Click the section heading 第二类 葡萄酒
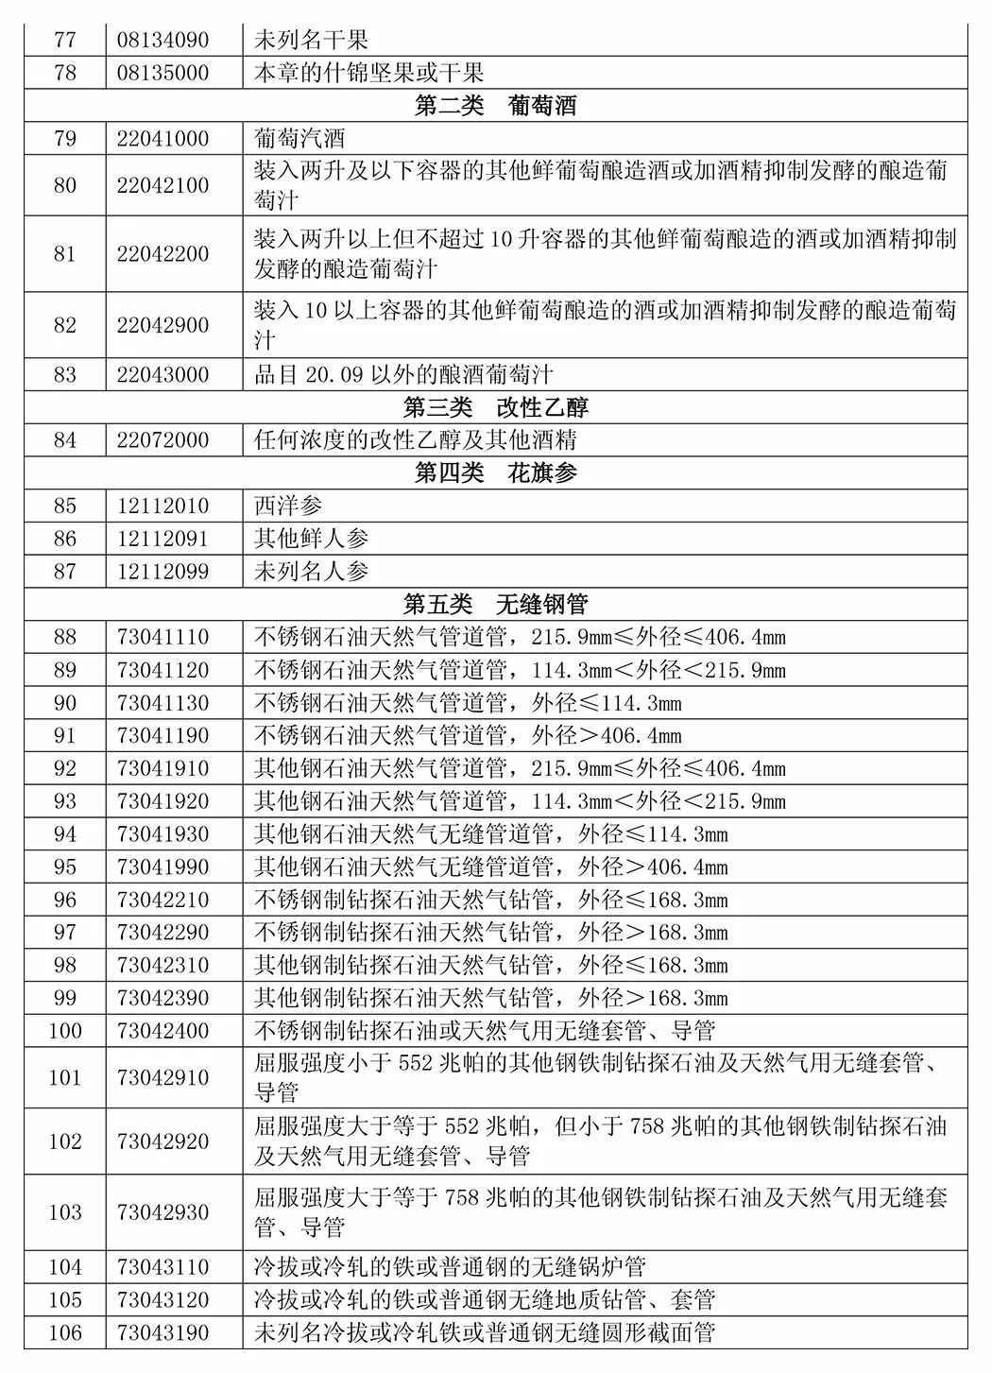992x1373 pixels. click(x=495, y=106)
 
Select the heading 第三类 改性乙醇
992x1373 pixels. click(x=495, y=407)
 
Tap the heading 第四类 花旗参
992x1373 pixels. click(x=495, y=472)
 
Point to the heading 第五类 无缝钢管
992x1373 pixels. click(x=495, y=604)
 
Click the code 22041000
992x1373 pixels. click(x=162, y=139)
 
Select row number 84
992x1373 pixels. click(x=65, y=440)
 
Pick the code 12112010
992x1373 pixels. click(x=162, y=506)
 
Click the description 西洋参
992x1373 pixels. click(x=288, y=506)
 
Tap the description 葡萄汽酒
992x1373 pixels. click(x=299, y=139)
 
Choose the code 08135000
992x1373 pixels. click(x=162, y=73)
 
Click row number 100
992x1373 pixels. click(x=65, y=1031)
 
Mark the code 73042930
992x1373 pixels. click(x=162, y=1212)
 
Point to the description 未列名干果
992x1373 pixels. click(x=311, y=41)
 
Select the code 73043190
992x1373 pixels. click(x=162, y=1333)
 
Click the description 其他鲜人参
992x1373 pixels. click(x=311, y=539)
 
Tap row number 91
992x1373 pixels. click(x=65, y=736)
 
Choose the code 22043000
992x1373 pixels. click(x=162, y=375)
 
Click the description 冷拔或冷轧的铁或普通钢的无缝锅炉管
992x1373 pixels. click(x=450, y=1267)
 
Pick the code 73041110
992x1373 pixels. click(x=162, y=637)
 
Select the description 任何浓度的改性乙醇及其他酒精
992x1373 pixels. click(x=416, y=440)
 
